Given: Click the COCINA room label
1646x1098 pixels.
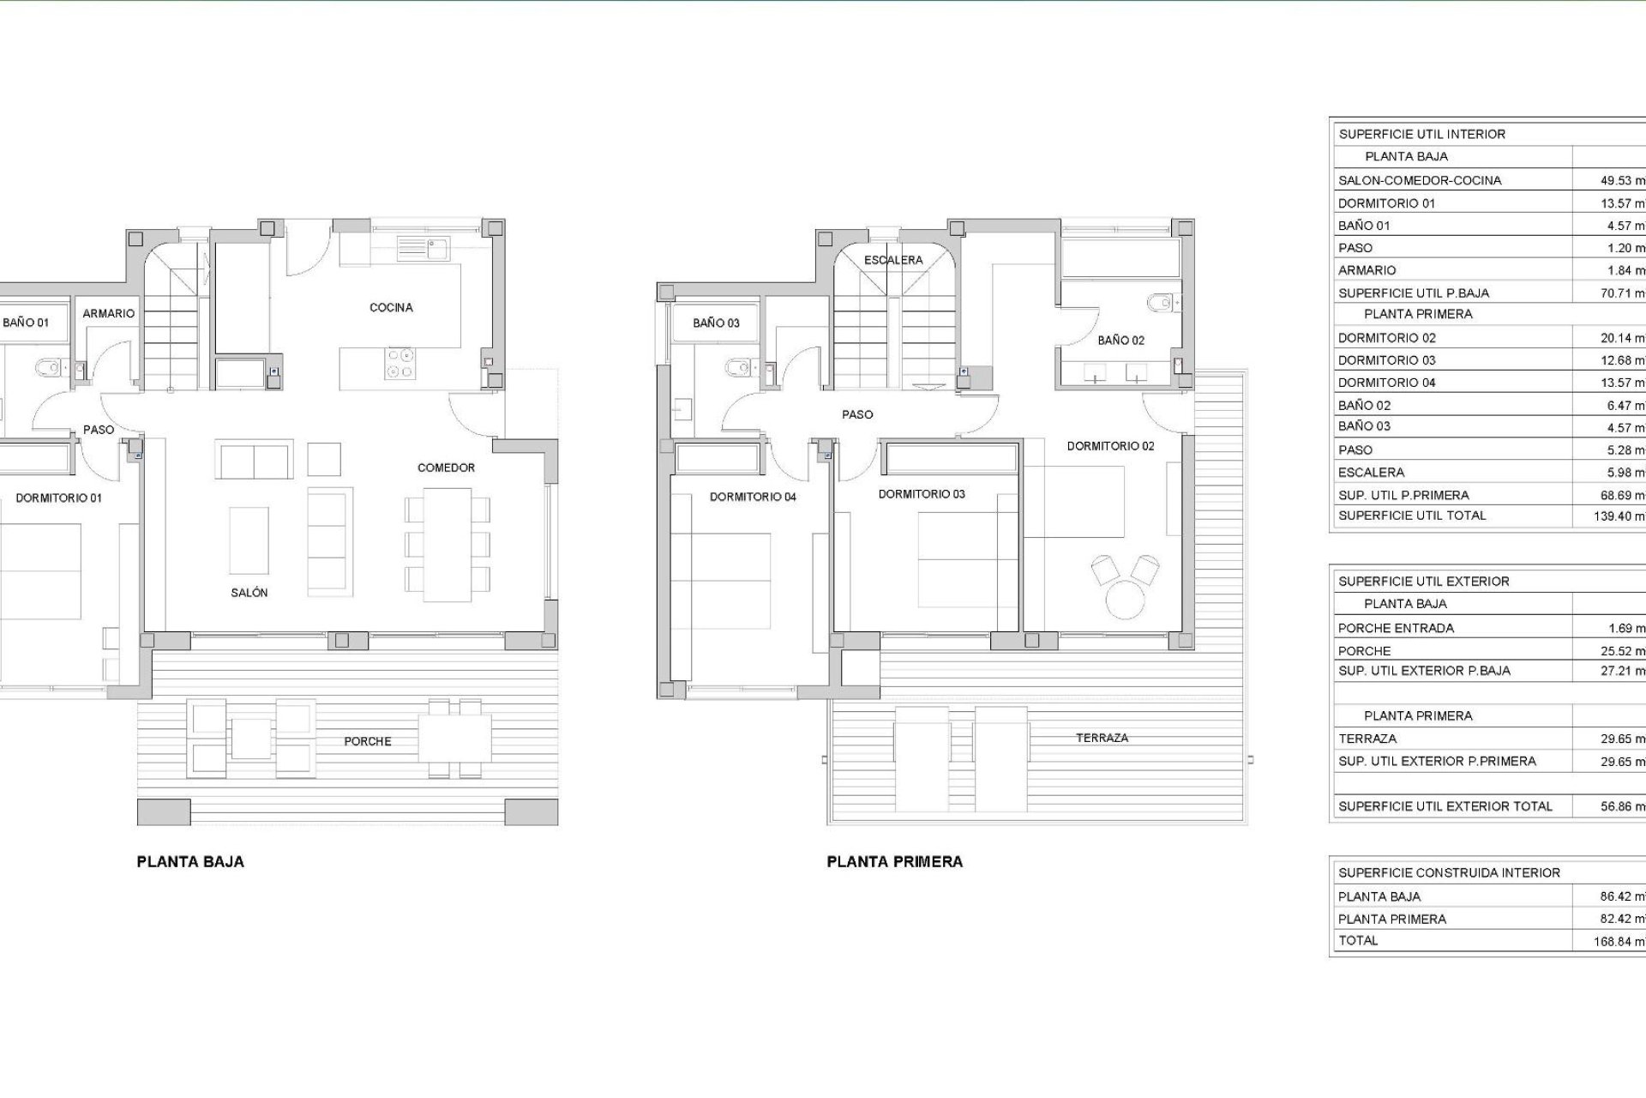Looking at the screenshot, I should (391, 307).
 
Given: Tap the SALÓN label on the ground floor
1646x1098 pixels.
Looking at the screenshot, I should (249, 593).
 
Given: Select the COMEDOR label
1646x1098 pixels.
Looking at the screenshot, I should (446, 468).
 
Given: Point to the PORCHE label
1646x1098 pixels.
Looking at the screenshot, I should (368, 741).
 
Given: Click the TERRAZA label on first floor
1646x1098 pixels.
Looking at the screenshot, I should (1102, 738).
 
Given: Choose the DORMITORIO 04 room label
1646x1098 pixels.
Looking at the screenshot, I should (753, 497).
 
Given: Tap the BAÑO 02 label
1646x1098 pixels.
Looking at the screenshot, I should (1120, 341).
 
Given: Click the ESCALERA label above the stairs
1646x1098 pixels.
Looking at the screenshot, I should (893, 260).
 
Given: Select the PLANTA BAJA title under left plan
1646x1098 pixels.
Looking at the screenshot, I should (190, 862).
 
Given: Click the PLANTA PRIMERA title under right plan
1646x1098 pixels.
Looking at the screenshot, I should (894, 862).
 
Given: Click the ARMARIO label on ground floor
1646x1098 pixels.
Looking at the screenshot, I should (109, 314).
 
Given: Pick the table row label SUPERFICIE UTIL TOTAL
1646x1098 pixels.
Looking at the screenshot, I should (1412, 516).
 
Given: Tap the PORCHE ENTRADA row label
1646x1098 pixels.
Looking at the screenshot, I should (1396, 628).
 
